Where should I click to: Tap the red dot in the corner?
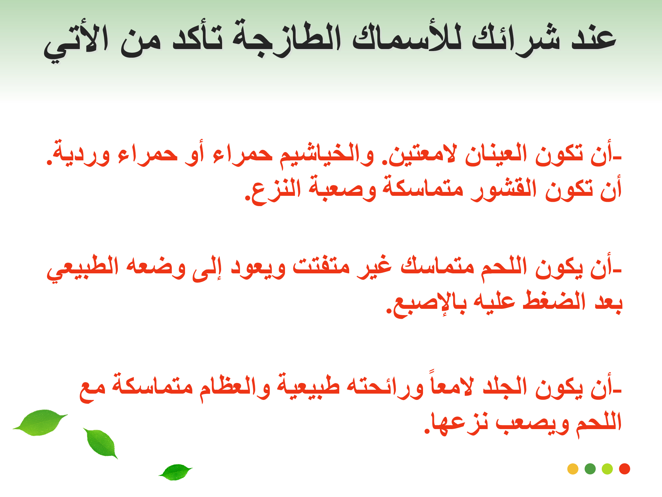(x=625, y=469)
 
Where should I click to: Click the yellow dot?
(x=573, y=469)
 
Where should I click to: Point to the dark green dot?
(x=590, y=469)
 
